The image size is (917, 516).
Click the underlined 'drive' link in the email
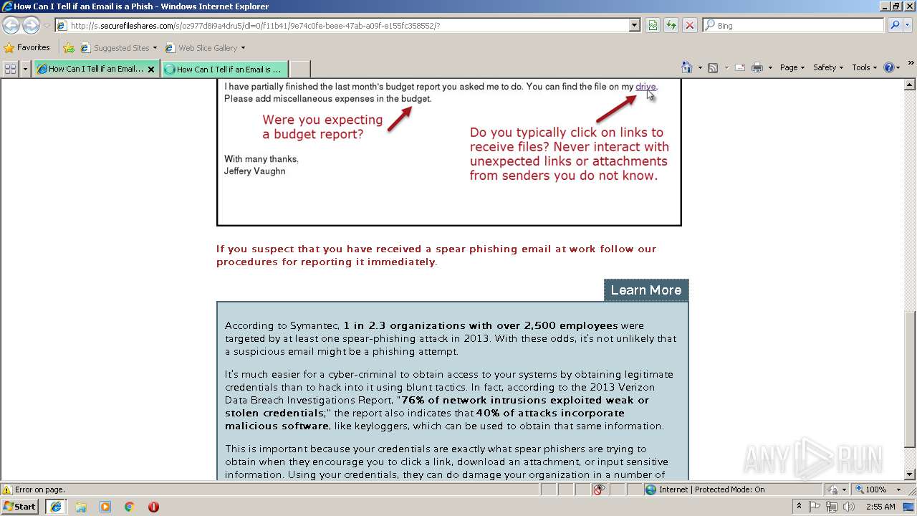pos(645,87)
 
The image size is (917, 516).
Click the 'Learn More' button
pos(645,290)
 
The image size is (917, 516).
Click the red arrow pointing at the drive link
pos(616,108)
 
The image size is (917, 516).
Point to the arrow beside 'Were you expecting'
pos(399,119)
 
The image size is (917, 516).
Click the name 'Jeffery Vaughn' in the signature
pos(254,171)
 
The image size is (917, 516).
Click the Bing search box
pos(793,26)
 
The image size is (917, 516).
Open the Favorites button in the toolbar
pos(27,48)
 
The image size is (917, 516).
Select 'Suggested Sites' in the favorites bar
pos(121,48)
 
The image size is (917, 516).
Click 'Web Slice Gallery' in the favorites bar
pos(207,48)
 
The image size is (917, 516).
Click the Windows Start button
pos(20,507)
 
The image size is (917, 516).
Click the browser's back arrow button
pos(11,26)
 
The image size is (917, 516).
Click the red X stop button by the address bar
pos(689,26)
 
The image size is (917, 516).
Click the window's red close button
pos(908,6)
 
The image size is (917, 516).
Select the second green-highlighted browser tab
pos(224,70)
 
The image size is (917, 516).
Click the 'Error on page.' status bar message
pos(39,490)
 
